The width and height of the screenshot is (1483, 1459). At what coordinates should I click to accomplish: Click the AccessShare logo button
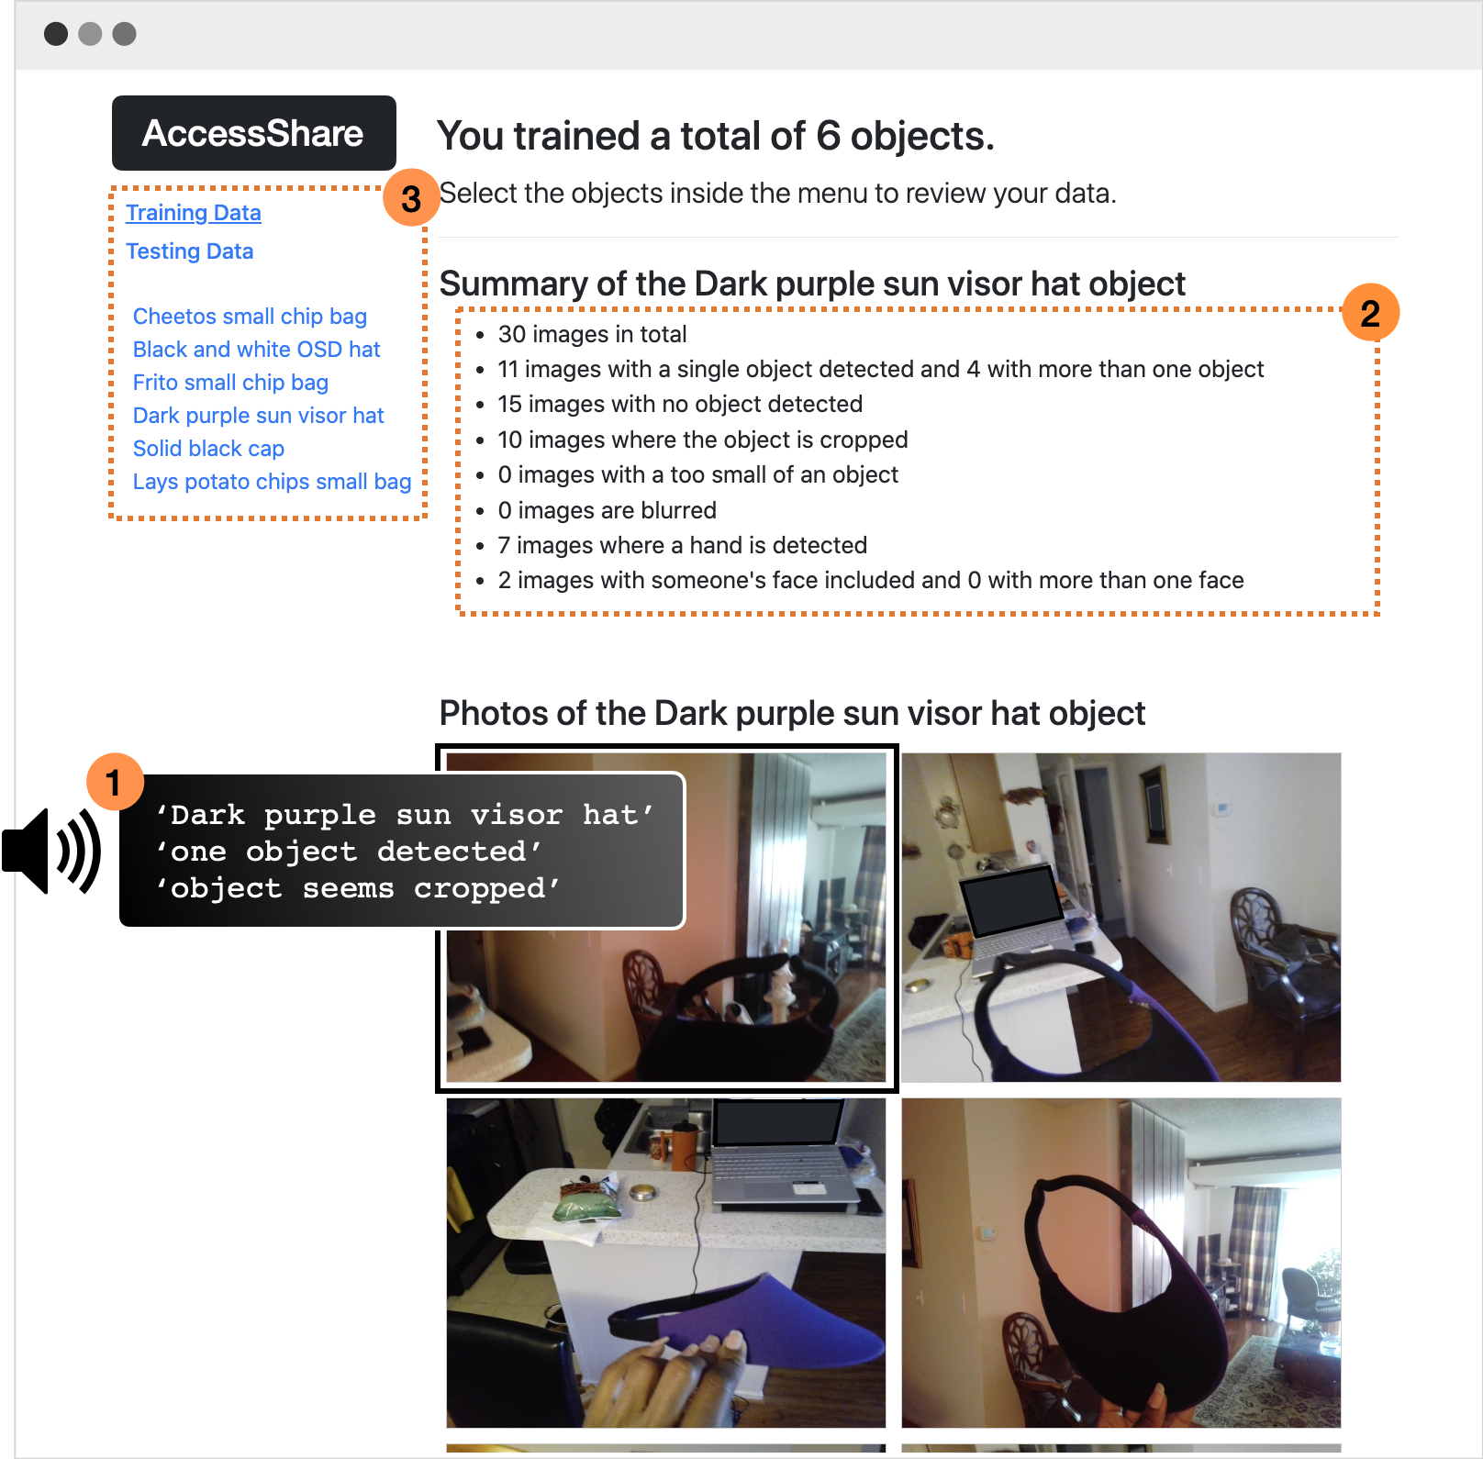point(253,133)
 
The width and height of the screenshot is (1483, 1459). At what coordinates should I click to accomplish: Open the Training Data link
point(194,213)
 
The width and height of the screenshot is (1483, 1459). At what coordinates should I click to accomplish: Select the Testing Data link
point(190,251)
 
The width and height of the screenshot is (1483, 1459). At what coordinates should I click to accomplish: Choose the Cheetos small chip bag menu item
point(250,317)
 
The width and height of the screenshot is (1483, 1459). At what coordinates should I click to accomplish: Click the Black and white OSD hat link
point(256,350)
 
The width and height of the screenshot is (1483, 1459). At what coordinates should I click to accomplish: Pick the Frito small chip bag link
point(230,383)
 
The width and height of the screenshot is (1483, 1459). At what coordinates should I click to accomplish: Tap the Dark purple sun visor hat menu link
point(258,416)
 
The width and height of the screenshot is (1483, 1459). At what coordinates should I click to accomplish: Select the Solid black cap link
point(208,449)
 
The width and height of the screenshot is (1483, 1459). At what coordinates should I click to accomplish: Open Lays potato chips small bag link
point(272,482)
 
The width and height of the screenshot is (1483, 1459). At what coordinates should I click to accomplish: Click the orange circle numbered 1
point(115,783)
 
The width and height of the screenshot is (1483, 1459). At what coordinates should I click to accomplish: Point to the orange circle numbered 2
point(1370,313)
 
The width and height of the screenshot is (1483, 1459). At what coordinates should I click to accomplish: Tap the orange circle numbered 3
point(411,198)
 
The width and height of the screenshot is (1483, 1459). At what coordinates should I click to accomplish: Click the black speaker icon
point(51,851)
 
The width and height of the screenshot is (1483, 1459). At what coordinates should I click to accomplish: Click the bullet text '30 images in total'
point(592,334)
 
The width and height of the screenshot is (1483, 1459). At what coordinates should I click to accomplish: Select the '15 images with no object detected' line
point(680,404)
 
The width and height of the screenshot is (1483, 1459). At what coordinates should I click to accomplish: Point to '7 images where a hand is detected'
point(682,545)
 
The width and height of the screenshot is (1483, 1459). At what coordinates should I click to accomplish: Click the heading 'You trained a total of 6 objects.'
point(716,136)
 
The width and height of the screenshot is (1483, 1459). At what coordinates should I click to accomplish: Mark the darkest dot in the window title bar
point(56,34)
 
